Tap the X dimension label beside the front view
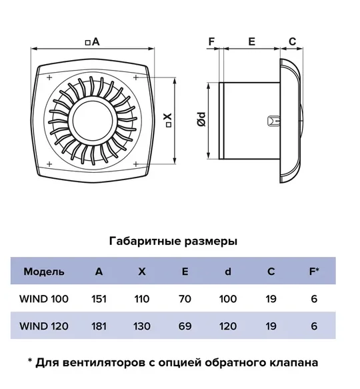[169, 120]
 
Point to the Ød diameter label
[201, 119]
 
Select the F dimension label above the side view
[211, 41]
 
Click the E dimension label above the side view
[251, 41]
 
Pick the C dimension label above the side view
[292, 41]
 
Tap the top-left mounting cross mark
[49, 77]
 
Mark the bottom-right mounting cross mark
[135, 164]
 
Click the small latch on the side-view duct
[274, 121]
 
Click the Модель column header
[44, 272]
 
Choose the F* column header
[314, 272]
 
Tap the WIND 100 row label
[44, 299]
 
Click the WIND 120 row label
[44, 326]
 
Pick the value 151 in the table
[99, 299]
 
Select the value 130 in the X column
[142, 326]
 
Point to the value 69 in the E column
[185, 326]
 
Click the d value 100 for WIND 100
[228, 299]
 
